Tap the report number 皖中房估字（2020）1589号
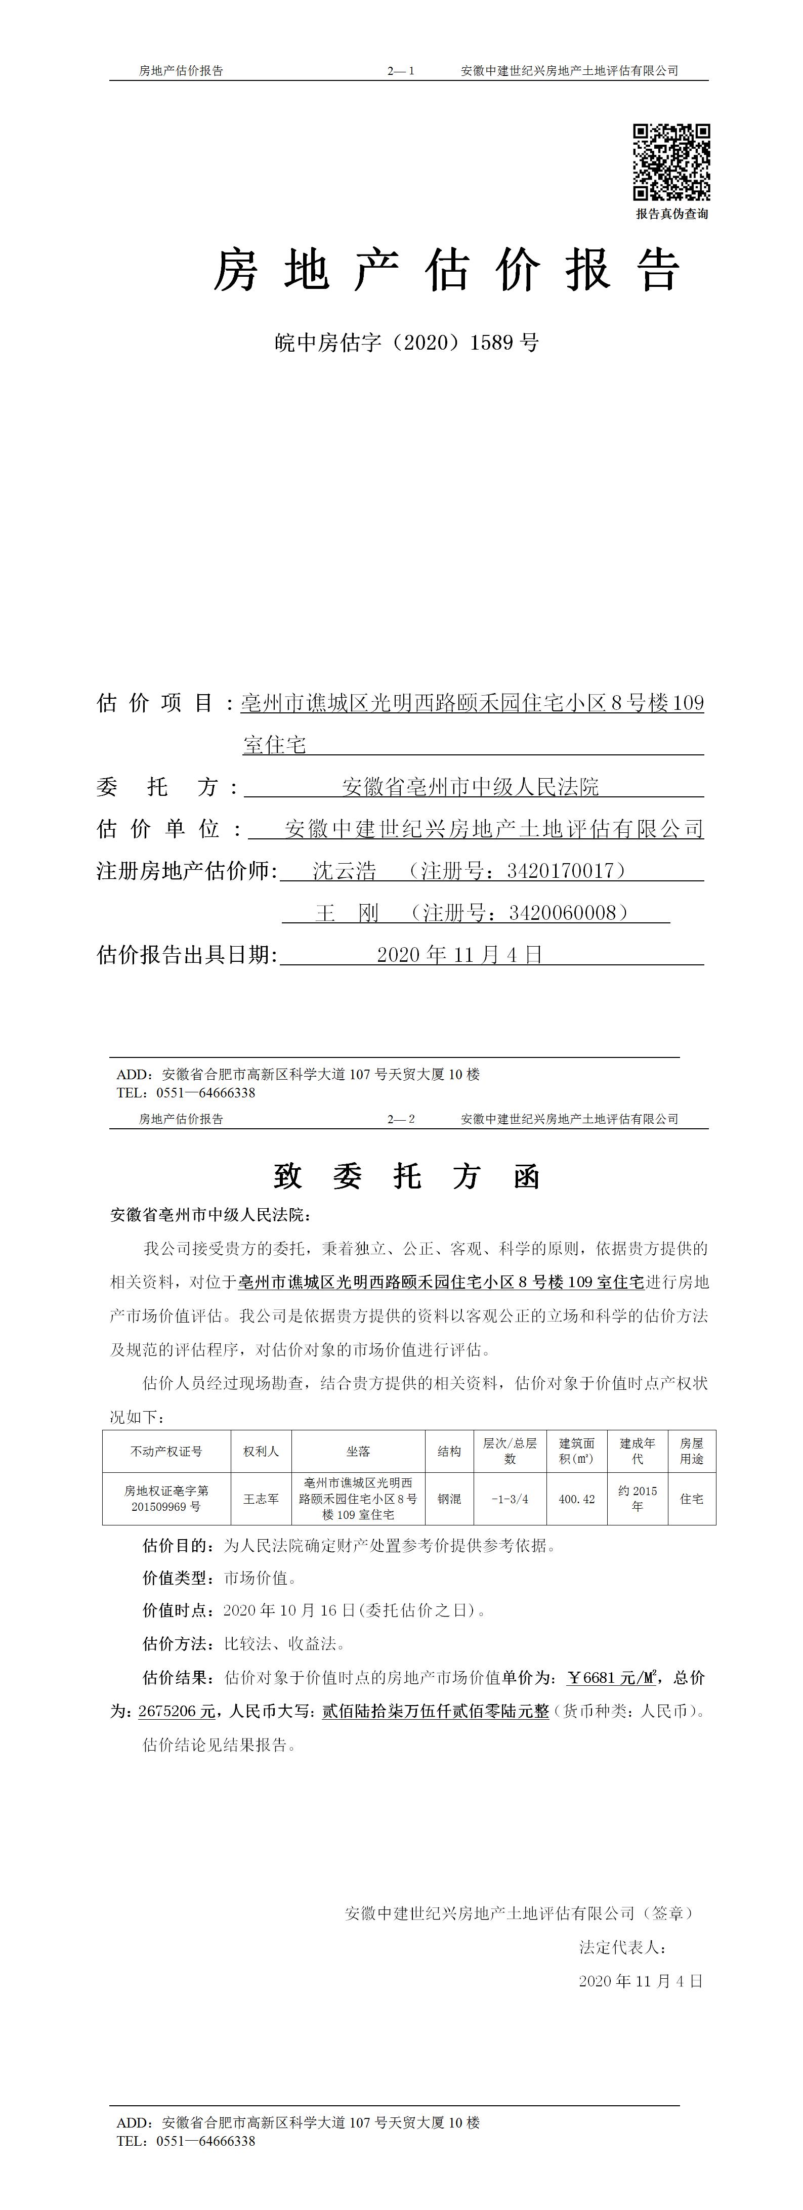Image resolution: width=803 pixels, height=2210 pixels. (407, 343)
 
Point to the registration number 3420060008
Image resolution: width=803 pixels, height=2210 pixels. (563, 913)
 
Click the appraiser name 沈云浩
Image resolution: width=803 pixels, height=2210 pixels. (344, 871)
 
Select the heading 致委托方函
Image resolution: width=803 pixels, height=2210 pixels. (407, 1176)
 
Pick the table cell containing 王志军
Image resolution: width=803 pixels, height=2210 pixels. (261, 1499)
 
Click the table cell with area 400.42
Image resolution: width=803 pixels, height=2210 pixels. (576, 1499)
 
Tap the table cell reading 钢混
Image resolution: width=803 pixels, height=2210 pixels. (449, 1499)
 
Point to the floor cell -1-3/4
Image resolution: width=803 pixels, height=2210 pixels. (510, 1499)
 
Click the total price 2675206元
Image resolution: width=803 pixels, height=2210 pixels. (177, 1711)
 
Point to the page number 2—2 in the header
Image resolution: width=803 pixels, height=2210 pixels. (401, 1119)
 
